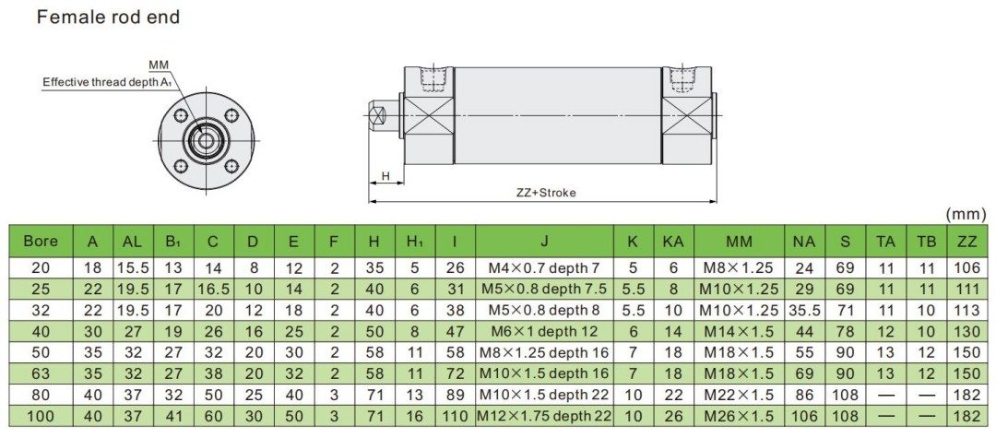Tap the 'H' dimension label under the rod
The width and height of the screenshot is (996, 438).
385,175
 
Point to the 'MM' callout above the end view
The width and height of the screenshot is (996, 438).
158,65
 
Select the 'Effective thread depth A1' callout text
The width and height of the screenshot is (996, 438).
107,82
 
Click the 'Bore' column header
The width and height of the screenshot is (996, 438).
41,242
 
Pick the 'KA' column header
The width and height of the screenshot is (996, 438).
672,242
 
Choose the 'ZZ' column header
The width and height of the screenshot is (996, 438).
967,242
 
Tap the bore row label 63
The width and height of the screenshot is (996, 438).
41,373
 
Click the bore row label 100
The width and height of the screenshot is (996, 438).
41,416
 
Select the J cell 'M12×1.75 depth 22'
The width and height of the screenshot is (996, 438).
544,416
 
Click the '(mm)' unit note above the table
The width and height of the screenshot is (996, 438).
966,214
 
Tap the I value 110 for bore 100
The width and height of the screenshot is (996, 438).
455,416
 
